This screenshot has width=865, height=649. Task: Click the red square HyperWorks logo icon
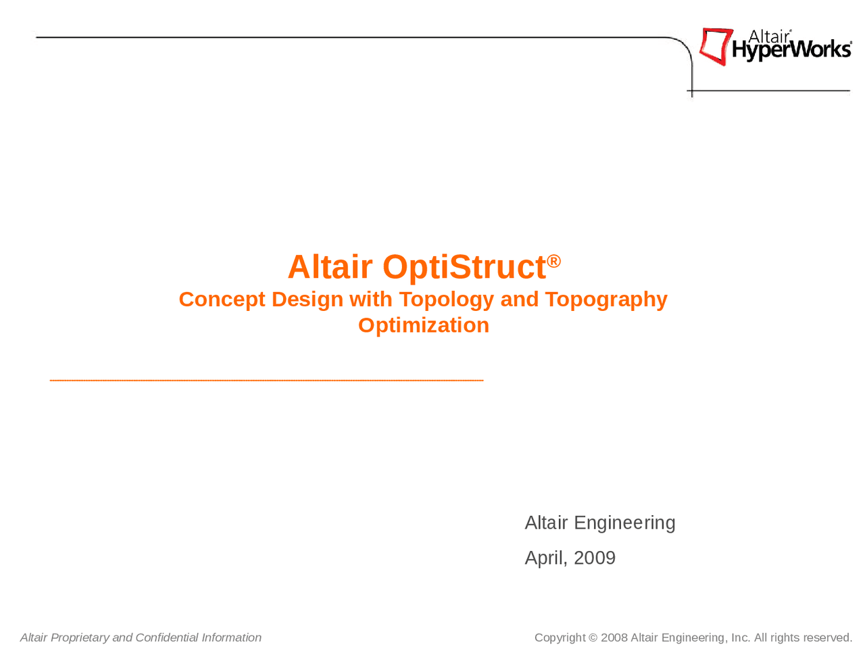[x=716, y=46]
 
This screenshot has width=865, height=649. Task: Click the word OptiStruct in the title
[x=464, y=267]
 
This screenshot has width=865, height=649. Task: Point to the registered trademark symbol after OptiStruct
[x=554, y=261]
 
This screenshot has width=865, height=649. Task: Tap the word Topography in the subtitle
[x=605, y=299]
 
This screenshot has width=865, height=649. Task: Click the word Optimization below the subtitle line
[x=423, y=325]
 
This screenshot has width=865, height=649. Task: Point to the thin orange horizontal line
[x=266, y=381]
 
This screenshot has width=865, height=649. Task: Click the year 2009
[x=595, y=558]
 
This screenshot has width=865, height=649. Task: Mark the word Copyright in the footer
[x=560, y=638]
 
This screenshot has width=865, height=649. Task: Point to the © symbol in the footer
[x=593, y=638]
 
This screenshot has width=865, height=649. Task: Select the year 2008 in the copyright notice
[x=614, y=638]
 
